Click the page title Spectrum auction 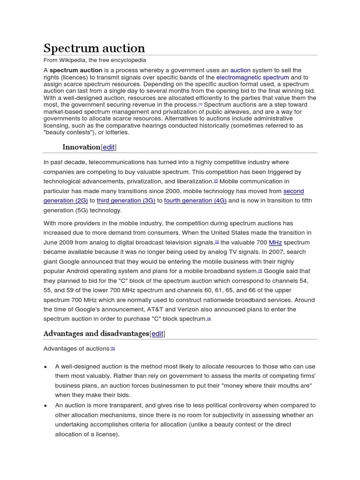click(x=94, y=48)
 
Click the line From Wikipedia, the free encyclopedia click(x=95, y=60)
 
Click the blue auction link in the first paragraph click(x=240, y=70)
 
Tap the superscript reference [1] click(x=200, y=105)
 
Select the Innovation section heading click(x=81, y=147)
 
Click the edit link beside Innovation click(x=108, y=147)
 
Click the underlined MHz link click(x=275, y=242)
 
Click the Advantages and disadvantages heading click(x=96, y=333)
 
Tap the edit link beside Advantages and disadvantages click(x=157, y=334)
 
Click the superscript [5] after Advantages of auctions click(x=112, y=348)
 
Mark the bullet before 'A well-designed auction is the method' click(x=45, y=366)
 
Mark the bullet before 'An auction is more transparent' click(x=45, y=405)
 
